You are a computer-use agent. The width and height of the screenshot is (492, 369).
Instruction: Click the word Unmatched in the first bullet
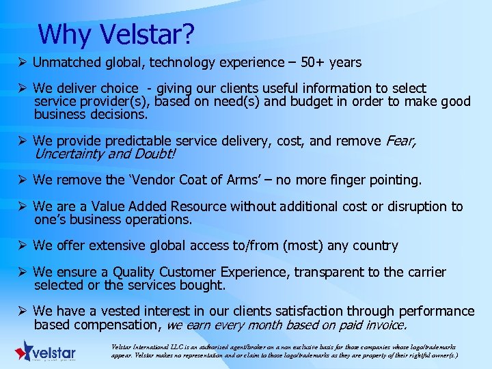point(66,63)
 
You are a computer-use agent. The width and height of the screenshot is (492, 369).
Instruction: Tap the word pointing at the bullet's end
point(394,180)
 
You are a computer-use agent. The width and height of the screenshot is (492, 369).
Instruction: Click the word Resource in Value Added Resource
point(201,206)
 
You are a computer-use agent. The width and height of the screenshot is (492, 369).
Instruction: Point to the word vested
point(121,312)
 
